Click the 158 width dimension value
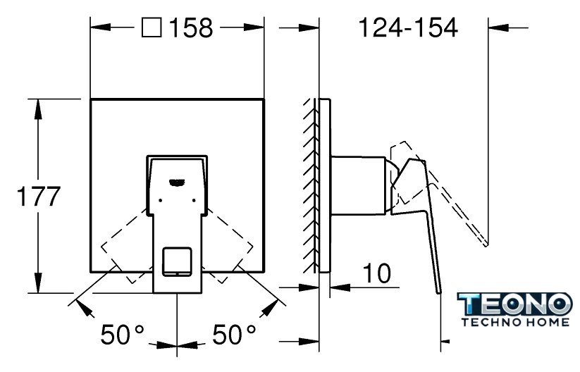(x=188, y=29)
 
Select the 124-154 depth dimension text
(x=408, y=29)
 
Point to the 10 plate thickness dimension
(x=378, y=273)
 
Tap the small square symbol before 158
(x=152, y=29)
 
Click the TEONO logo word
(x=514, y=306)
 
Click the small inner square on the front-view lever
(x=176, y=261)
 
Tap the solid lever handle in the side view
(x=424, y=218)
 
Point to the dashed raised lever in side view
(x=451, y=204)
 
